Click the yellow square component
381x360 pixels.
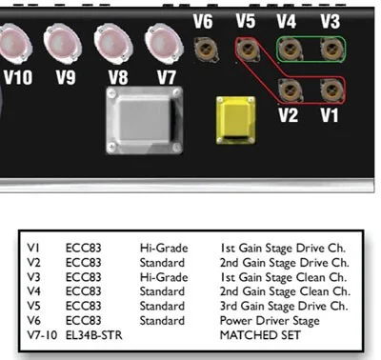click(234, 120)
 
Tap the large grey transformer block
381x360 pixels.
click(146, 121)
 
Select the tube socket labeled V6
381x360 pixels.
click(202, 46)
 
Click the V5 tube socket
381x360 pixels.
click(246, 47)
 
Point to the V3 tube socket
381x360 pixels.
click(330, 47)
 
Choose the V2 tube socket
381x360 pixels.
click(289, 90)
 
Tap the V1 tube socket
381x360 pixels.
click(330, 90)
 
